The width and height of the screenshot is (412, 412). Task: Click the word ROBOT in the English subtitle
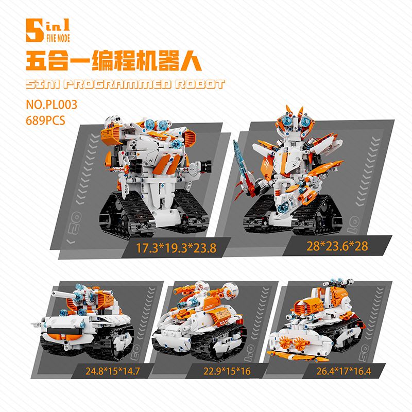pos(196,84)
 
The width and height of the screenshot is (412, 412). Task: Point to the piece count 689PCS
pos(47,120)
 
